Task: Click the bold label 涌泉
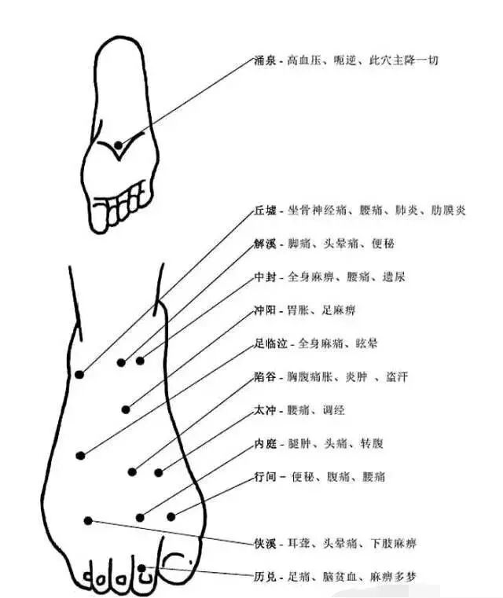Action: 266,60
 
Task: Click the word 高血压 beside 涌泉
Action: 304,60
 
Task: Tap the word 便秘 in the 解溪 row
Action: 384,244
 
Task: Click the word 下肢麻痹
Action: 394,543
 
